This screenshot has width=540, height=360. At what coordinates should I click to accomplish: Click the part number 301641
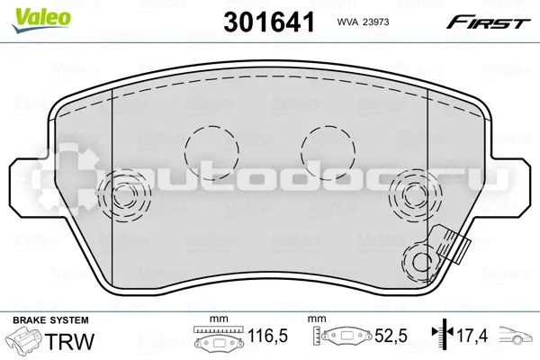pyautogui.click(x=269, y=22)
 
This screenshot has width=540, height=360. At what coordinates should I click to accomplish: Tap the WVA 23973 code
pyautogui.click(x=363, y=22)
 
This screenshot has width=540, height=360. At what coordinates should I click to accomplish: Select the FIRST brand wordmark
pyautogui.click(x=489, y=22)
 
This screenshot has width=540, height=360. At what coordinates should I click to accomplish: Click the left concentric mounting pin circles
pyautogui.click(x=124, y=195)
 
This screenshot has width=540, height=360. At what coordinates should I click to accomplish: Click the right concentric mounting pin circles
pyautogui.click(x=415, y=195)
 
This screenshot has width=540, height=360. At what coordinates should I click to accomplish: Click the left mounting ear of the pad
pyautogui.click(x=29, y=188)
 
